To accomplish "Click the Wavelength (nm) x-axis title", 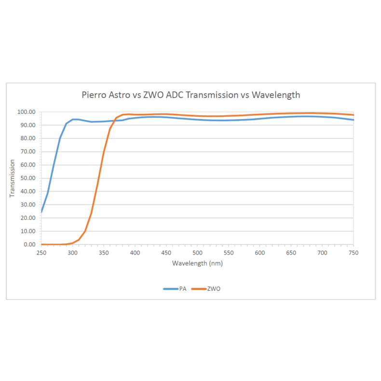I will pyautogui.click(x=197, y=263).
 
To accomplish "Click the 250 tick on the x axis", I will pyautogui.click(x=41, y=252).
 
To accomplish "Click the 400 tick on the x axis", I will pyautogui.click(x=135, y=252).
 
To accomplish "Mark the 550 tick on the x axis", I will pyautogui.click(x=229, y=252).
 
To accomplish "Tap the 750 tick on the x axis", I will pyautogui.click(x=354, y=252).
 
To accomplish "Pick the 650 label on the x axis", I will pyautogui.click(x=291, y=252).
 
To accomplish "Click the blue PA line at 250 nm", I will pyautogui.click(x=41, y=211).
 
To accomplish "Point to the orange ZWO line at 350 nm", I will pyautogui.click(x=104, y=153).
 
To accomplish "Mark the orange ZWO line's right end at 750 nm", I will pyautogui.click(x=354, y=115).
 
